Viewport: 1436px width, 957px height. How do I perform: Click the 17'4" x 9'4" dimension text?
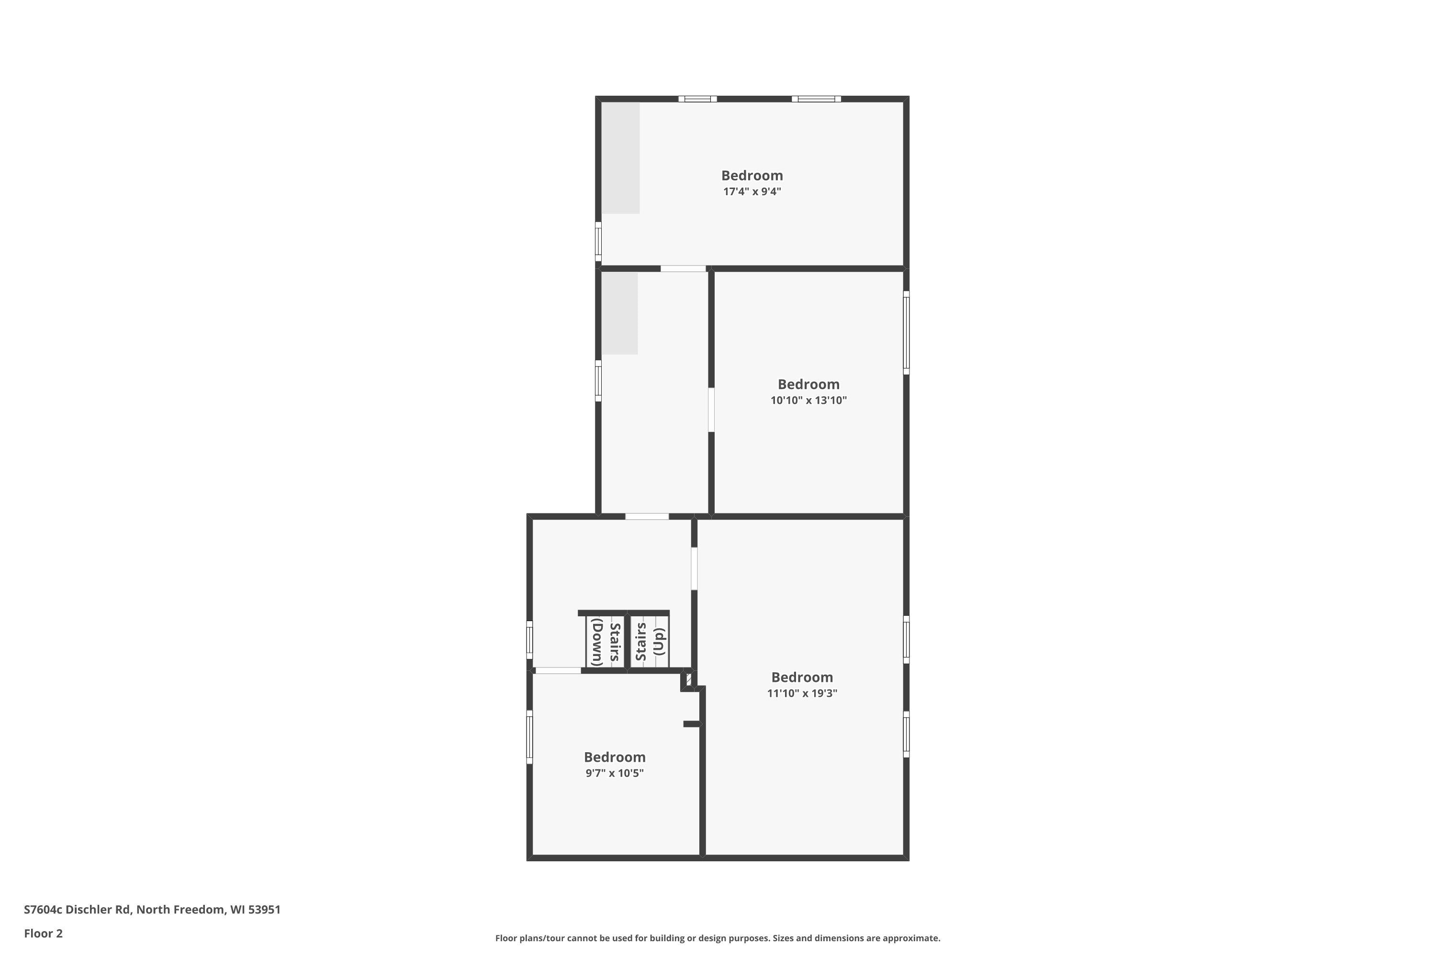[752, 192]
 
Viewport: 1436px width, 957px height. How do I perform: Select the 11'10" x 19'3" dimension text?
[802, 693]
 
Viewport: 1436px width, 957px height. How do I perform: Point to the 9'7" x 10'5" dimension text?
[614, 773]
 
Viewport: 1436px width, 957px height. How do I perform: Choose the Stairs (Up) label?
[650, 642]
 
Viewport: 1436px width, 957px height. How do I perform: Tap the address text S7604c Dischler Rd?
[77, 910]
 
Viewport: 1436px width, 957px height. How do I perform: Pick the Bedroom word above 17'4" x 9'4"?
[752, 176]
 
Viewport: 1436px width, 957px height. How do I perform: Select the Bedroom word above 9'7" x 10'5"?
[614, 757]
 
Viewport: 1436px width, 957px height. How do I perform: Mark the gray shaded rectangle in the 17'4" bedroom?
[621, 158]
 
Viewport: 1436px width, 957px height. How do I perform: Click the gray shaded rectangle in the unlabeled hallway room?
[620, 313]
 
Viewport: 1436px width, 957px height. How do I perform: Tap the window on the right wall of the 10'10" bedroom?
[906, 333]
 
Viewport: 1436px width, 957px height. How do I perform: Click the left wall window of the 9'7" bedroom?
[529, 737]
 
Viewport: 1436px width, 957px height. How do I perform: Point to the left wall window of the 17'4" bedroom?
[598, 242]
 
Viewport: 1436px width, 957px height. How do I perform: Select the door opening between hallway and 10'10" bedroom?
[711, 410]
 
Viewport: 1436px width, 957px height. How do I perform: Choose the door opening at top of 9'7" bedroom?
[558, 671]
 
